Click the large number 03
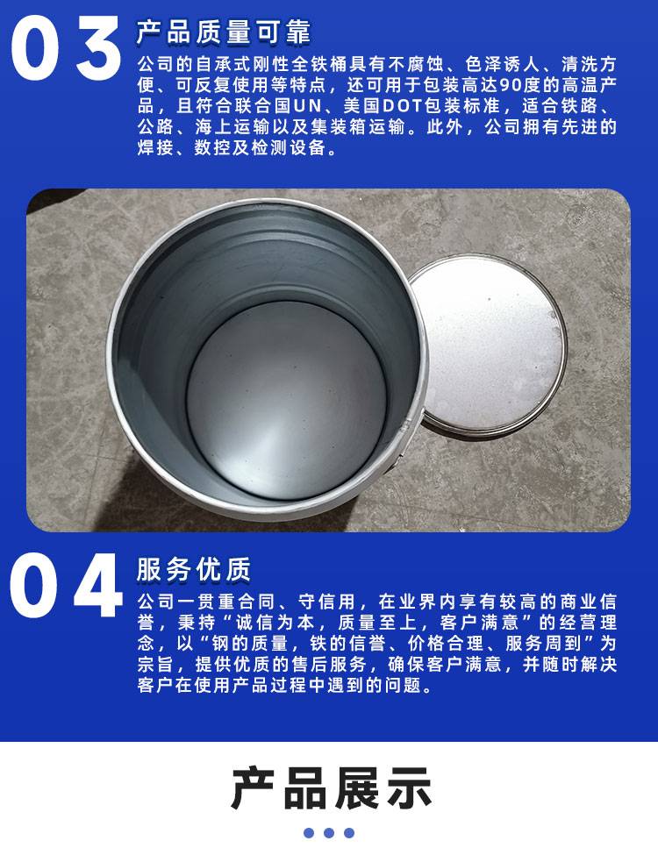(66, 48)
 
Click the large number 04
(66, 586)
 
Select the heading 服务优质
(194, 569)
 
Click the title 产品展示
(331, 788)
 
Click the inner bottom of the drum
(286, 400)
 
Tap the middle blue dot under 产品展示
(329, 833)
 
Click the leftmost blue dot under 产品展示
(309, 833)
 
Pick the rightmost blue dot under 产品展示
(349, 833)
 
